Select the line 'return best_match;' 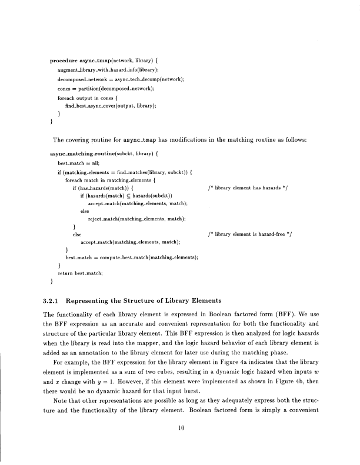pos(81,273)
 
